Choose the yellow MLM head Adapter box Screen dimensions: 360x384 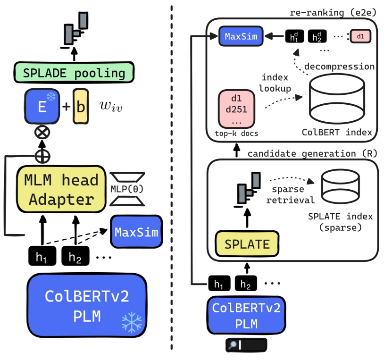[61, 190]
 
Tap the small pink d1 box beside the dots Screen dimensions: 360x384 [360, 36]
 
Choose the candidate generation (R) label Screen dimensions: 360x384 [312, 153]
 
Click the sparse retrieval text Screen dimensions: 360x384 [289, 194]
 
